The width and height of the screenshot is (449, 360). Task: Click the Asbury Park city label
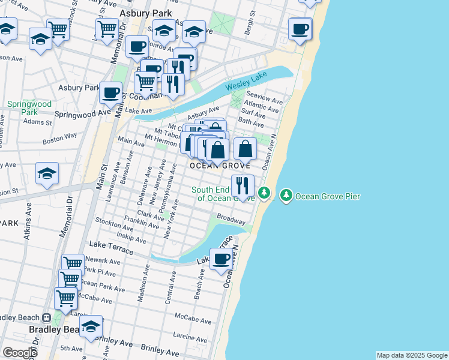pyautogui.click(x=146, y=13)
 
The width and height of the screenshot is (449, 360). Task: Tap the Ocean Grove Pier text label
pyautogui.click(x=328, y=196)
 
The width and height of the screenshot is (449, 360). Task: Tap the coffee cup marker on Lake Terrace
pyautogui.click(x=221, y=258)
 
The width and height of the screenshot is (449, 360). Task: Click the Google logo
pyautogui.click(x=20, y=353)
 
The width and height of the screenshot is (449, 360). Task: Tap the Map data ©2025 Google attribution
pyautogui.click(x=412, y=355)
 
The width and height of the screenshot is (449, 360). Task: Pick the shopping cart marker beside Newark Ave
pyautogui.click(x=73, y=263)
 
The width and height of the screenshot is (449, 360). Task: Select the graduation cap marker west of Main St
pyautogui.click(x=47, y=173)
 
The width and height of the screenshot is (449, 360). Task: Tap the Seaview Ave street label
pyautogui.click(x=269, y=100)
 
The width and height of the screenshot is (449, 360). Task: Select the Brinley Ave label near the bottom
pyautogui.click(x=160, y=348)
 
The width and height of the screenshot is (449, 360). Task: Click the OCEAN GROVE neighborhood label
pyautogui.click(x=220, y=166)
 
